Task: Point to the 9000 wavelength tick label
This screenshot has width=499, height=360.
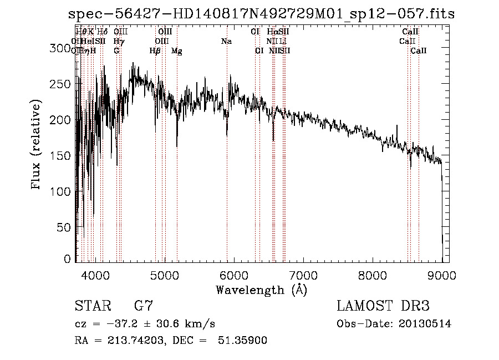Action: click(442, 275)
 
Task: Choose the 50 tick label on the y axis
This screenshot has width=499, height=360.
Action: click(65, 227)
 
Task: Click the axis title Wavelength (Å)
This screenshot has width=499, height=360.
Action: click(261, 290)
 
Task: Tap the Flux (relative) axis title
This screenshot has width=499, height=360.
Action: click(37, 146)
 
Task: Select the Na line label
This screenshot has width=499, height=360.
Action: click(226, 42)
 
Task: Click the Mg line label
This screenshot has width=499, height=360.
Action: click(177, 51)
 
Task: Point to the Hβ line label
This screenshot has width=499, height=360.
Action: click(155, 51)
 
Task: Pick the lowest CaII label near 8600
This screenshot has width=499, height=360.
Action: click(419, 51)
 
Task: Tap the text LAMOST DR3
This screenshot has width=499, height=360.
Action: click(383, 306)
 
